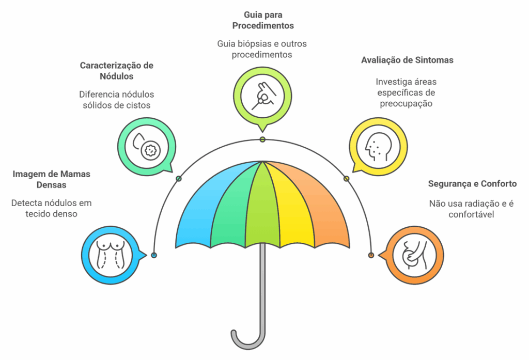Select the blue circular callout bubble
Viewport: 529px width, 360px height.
click(111, 255)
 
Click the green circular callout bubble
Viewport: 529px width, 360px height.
click(147, 147)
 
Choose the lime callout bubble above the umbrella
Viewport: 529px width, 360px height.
click(262, 96)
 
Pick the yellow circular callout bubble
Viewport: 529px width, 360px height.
click(378, 147)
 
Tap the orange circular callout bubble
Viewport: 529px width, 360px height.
click(415, 255)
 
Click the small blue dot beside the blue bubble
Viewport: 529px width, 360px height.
click(154, 255)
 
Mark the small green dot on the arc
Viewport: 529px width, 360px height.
click(179, 179)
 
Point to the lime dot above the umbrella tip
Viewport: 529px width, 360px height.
click(262, 139)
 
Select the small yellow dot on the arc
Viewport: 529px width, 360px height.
click(346, 179)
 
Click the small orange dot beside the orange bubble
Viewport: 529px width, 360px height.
click(371, 255)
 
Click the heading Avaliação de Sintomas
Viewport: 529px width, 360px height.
click(407, 60)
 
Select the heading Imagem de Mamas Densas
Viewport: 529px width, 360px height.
click(51, 179)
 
